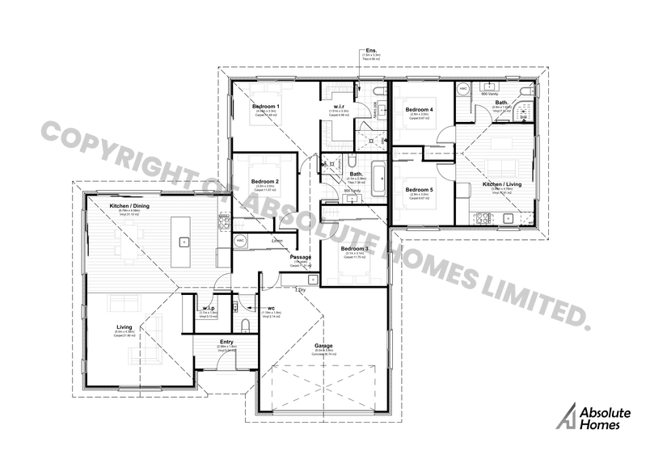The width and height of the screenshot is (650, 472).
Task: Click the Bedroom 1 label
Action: coord(265,107)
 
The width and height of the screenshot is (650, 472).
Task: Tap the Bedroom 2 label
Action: coord(265,181)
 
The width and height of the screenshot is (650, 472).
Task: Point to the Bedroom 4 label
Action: coord(419,109)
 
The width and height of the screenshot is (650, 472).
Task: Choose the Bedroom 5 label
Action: coord(419,189)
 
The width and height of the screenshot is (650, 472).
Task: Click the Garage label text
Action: coord(323,345)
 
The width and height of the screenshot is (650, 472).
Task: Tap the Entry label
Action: coord(226,342)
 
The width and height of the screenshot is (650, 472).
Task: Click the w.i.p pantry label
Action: coord(208,308)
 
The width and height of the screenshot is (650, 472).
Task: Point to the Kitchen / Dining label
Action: coord(129,206)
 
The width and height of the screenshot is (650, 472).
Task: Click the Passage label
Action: coord(301,257)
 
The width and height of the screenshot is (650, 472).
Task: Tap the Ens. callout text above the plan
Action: coord(369,50)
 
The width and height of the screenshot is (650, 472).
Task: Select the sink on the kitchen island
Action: coord(183,240)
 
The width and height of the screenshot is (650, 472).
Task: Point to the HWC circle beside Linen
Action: coord(240,241)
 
